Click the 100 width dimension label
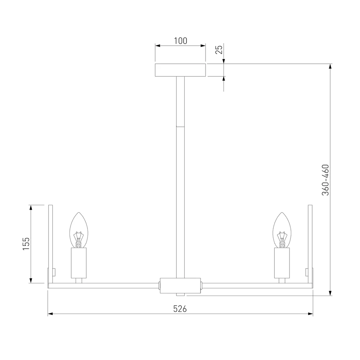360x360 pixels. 180,41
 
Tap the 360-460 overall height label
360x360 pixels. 325,180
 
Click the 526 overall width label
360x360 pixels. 180,309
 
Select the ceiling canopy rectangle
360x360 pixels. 180,70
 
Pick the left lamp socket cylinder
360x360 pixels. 79,263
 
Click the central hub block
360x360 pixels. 180,285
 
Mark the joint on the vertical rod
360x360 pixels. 180,126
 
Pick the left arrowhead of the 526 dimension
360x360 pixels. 50,314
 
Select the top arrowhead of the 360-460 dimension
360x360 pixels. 330,66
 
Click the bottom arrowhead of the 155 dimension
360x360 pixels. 31,280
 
